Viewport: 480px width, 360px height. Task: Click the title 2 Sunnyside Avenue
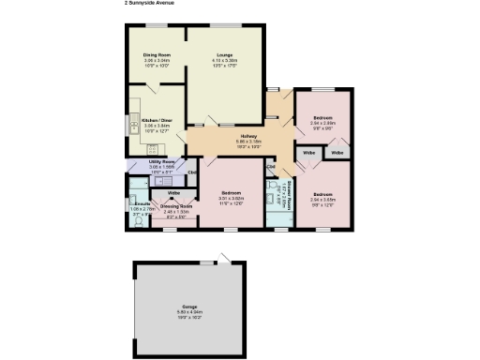point(150,3)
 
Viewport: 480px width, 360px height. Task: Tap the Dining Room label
point(157,55)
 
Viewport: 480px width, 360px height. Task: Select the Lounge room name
point(225,55)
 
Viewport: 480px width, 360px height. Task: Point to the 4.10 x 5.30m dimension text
point(225,61)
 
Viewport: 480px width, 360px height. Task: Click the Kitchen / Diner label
point(157,120)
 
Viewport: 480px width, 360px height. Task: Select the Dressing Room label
point(177,206)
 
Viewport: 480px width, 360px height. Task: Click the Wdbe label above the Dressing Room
point(173,194)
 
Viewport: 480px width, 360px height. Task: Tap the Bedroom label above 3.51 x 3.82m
point(231,194)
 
